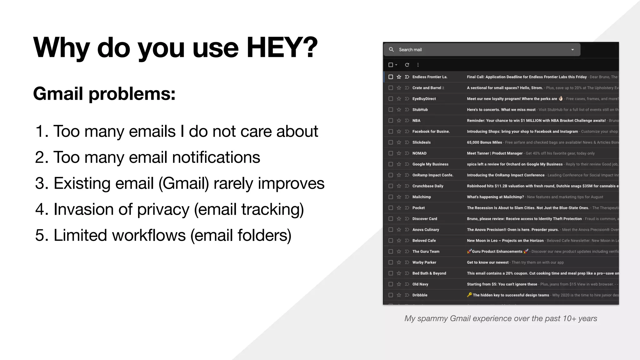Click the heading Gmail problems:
click(104, 93)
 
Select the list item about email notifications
click(147, 157)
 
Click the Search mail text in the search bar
click(410, 50)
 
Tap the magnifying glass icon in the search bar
click(391, 49)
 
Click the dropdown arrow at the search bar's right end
click(572, 50)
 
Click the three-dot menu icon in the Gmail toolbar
click(418, 65)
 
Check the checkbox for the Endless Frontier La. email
click(391, 77)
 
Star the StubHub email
click(399, 110)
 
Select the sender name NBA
click(416, 121)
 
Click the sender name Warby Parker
click(424, 262)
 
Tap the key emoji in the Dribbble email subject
click(469, 295)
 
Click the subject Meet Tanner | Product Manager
click(494, 153)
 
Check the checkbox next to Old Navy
click(391, 284)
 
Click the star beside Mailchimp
click(399, 197)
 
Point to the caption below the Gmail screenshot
click(501, 318)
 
